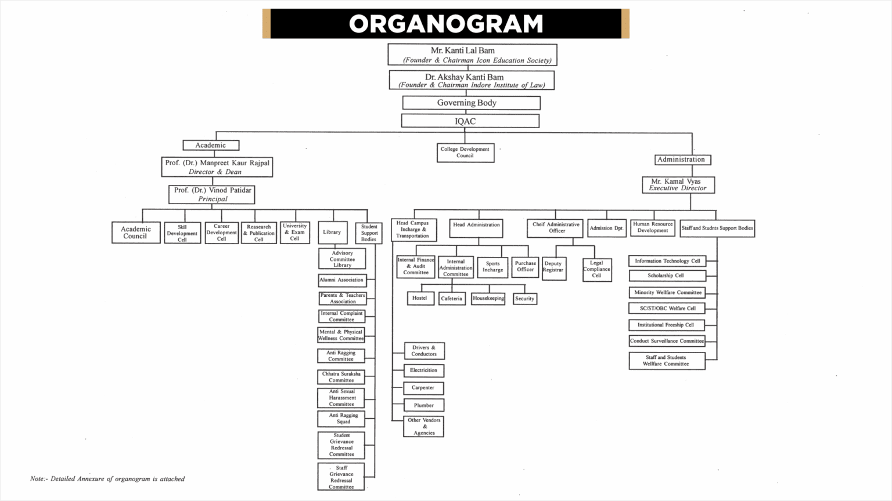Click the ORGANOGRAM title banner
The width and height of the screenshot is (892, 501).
coord(445,24)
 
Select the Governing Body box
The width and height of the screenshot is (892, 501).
coord(471,103)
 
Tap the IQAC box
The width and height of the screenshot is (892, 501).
coord(470,121)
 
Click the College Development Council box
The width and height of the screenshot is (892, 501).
coord(465,153)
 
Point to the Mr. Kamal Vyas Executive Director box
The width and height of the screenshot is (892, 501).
coord(678,185)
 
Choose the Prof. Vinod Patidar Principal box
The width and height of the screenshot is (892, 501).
coord(212,194)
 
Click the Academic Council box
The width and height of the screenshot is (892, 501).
coord(136,233)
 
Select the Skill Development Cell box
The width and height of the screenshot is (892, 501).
coord(182,233)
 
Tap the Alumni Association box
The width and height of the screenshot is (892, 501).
coord(342,280)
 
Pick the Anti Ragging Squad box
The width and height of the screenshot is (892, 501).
coord(341,419)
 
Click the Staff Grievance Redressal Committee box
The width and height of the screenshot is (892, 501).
coord(341,477)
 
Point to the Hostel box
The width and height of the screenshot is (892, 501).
coord(420,298)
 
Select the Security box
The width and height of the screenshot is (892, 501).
coord(524,299)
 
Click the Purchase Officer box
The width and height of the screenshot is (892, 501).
coord(525,267)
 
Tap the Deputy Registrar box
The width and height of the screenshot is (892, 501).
coord(553,268)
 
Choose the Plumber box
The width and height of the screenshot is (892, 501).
coord(424,405)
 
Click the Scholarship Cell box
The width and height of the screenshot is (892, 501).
coord(667,275)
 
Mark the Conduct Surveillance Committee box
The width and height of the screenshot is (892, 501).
coord(667,341)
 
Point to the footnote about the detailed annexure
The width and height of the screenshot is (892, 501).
coord(107,479)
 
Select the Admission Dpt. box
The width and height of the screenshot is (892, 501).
coord(606,228)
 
